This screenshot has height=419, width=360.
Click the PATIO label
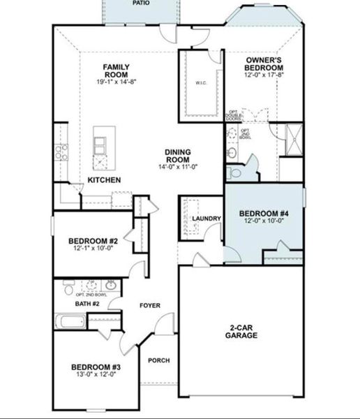142,3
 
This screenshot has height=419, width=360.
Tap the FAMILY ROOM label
117,71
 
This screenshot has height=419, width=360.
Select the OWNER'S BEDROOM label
264,63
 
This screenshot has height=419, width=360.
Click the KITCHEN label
105,180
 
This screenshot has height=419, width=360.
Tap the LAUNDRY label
207,219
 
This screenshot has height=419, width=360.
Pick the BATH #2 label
87,304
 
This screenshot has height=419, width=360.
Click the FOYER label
150,305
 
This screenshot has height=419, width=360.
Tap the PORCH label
159,360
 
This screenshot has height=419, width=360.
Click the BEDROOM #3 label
96,367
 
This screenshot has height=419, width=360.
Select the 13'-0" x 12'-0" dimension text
96,376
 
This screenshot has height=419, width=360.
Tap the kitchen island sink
100,145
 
